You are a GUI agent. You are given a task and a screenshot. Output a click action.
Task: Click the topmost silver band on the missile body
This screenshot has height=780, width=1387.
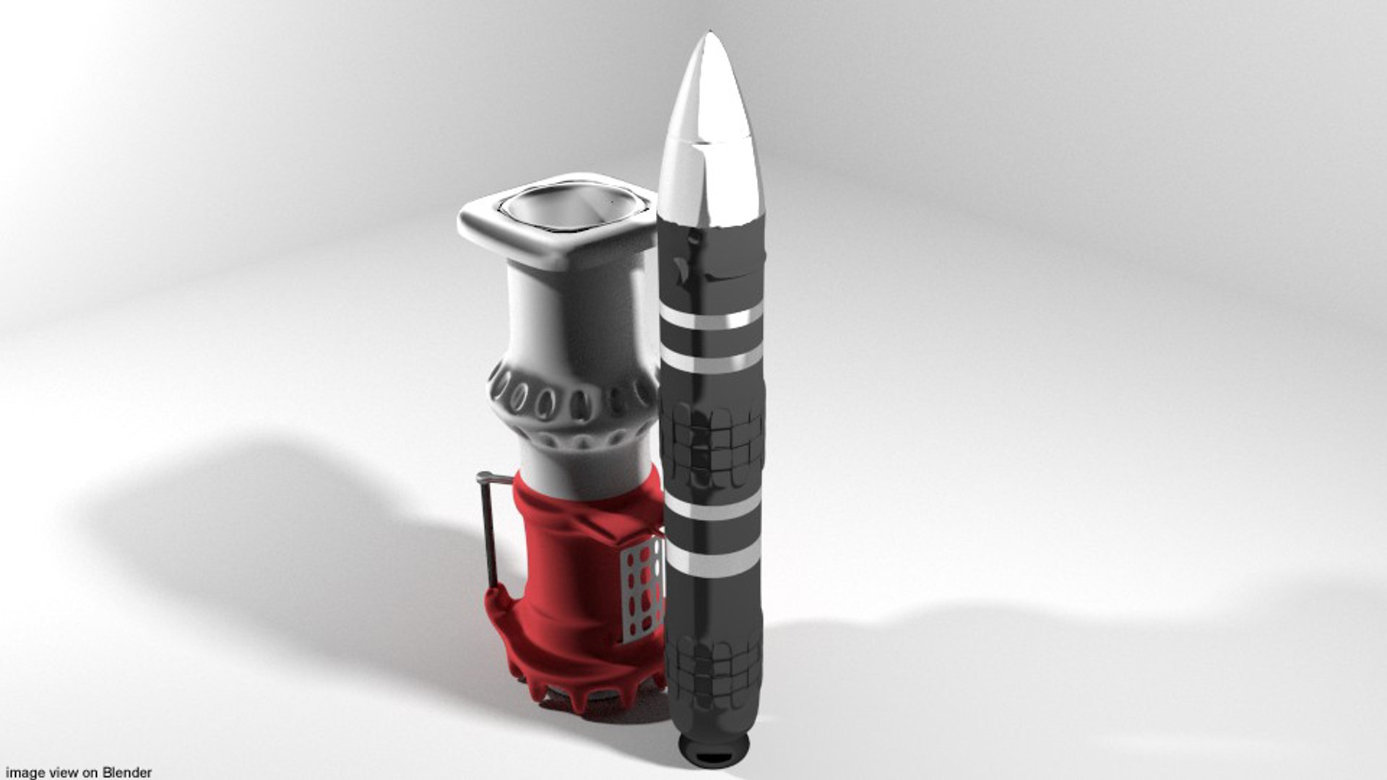pyautogui.click(x=711, y=318)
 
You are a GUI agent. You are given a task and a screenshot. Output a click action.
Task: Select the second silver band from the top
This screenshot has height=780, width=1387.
pyautogui.click(x=711, y=359)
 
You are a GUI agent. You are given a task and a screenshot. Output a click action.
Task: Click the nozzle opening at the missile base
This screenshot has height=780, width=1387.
pyautogui.click(x=715, y=759)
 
